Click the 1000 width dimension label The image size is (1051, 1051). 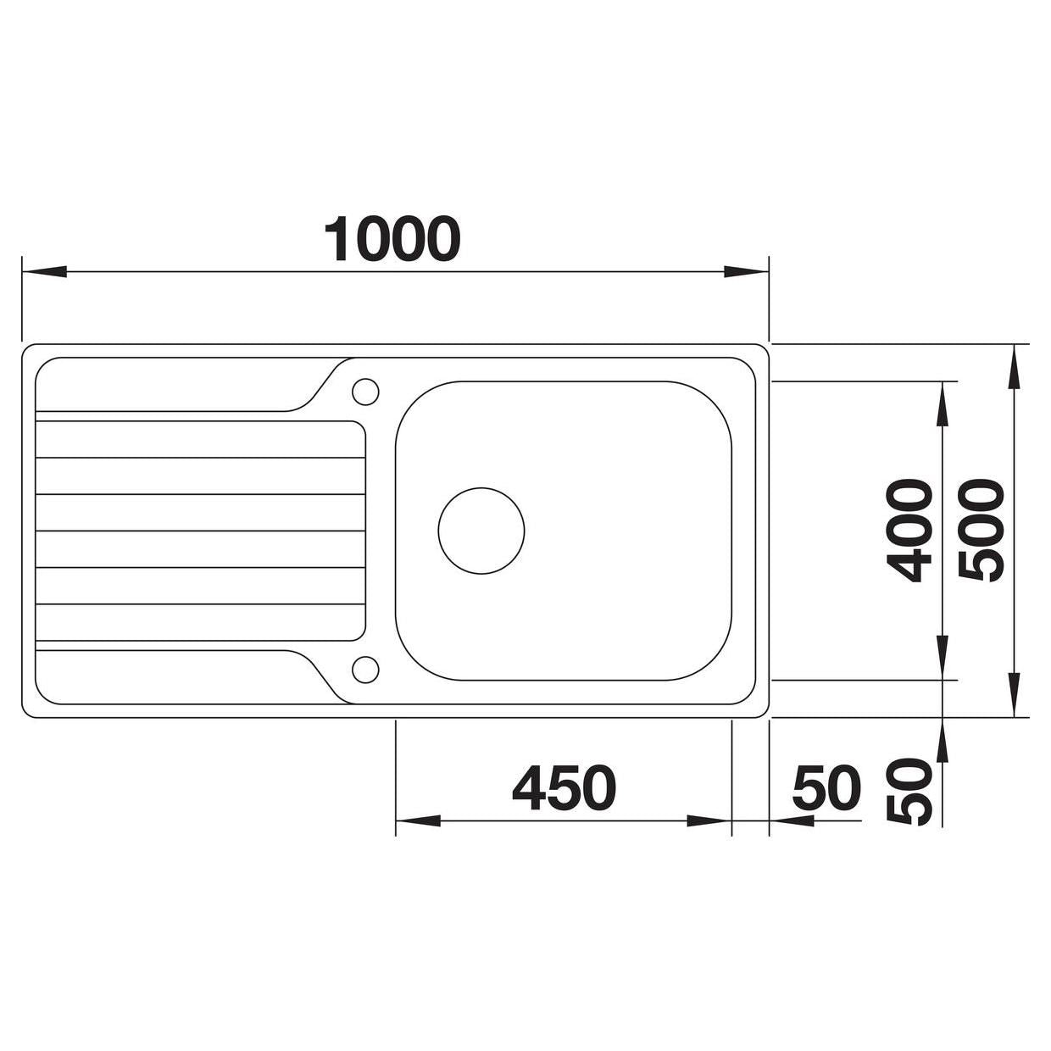click(392, 239)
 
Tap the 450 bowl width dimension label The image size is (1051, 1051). click(564, 787)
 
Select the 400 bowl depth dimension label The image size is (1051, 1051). click(909, 530)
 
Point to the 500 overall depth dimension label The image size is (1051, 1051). click(981, 530)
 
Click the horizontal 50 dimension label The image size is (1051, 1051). click(826, 787)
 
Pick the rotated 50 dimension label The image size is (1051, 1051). click(909, 792)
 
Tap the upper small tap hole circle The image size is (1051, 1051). click(365, 392)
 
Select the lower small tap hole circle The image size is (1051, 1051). click(365, 670)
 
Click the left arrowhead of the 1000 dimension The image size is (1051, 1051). click(43, 271)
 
